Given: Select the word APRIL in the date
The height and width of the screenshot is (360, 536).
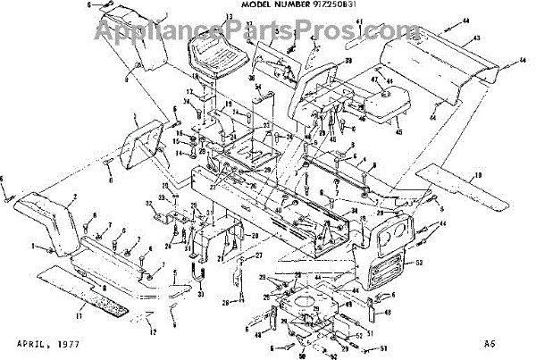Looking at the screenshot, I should tap(34, 342).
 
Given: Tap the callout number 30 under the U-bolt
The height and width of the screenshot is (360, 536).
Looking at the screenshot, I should tap(201, 297).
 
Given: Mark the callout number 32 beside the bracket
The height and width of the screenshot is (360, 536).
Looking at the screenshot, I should tap(148, 204).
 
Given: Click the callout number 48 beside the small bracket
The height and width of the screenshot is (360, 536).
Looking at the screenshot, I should tap(387, 313).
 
